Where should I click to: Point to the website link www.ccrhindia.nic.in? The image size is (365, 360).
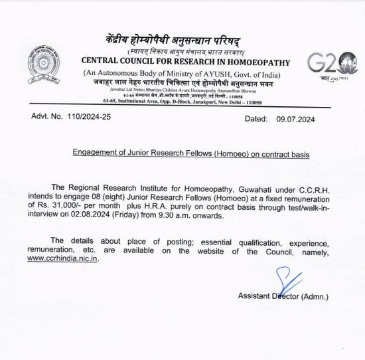point(63,259)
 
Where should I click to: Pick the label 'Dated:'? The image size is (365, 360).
point(257,119)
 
